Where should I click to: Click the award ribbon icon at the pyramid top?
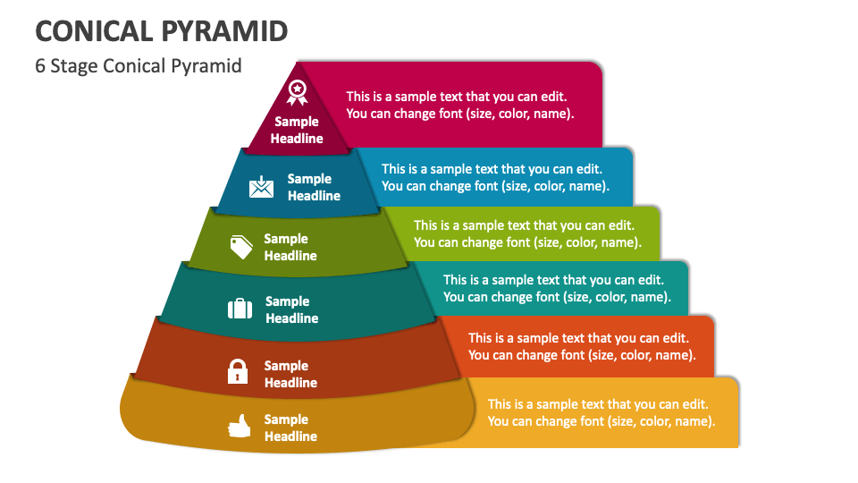[297, 92]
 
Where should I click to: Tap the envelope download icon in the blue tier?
[262, 187]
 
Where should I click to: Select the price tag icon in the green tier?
[241, 247]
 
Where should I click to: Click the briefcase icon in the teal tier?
[240, 309]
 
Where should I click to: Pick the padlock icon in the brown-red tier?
[237, 371]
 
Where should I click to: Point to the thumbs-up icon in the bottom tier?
[239, 428]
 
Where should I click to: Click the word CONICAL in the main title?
[93, 30]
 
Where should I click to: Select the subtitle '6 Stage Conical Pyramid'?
[139, 66]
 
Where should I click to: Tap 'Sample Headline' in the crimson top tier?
[297, 130]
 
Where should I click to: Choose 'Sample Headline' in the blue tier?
[314, 187]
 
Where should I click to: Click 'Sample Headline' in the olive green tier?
[290, 247]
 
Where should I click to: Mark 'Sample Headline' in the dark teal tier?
[291, 309]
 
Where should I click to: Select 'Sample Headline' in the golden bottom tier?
[290, 428]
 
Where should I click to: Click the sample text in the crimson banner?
[459, 105]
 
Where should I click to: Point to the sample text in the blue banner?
[494, 177]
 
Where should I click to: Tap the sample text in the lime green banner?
[526, 233]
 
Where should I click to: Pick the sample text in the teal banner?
[556, 288]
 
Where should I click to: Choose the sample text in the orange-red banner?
[581, 346]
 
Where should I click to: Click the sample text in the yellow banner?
[601, 412]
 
